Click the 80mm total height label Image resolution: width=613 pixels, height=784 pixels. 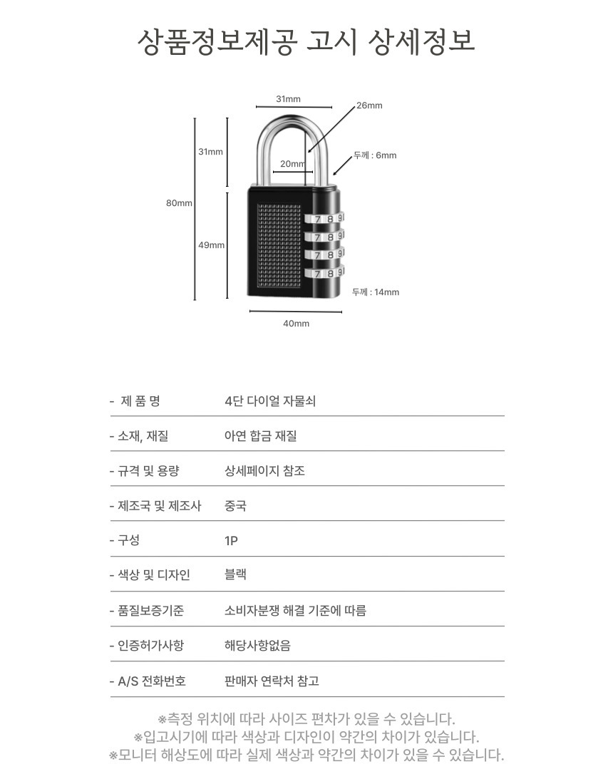pos(179,203)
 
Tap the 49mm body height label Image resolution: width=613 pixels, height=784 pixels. pos(212,245)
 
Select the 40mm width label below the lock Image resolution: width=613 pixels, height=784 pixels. pos(296,324)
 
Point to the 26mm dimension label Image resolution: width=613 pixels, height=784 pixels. pos(369,105)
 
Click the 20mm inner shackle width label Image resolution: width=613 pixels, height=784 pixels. pos(292,163)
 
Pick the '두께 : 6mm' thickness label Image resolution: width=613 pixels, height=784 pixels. pos(375,155)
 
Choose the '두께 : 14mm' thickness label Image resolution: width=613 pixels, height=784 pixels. pos(376,292)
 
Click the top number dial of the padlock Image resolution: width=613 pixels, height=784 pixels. pos(324,219)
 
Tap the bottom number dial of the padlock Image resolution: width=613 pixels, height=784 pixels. pos(324,273)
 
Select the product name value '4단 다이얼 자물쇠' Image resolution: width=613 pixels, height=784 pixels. pos(270,401)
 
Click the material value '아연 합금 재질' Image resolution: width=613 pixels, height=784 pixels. pos(260,436)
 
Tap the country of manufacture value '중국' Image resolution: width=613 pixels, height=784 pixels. pos(235,505)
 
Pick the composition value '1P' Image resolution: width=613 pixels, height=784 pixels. pos(231,541)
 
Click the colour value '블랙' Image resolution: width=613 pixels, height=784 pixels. pos(235,574)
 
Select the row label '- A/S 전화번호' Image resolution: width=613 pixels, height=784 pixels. pos(148,681)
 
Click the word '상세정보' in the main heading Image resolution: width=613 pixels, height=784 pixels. pos(421,41)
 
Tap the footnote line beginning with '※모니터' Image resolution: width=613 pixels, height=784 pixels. pos(306,755)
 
